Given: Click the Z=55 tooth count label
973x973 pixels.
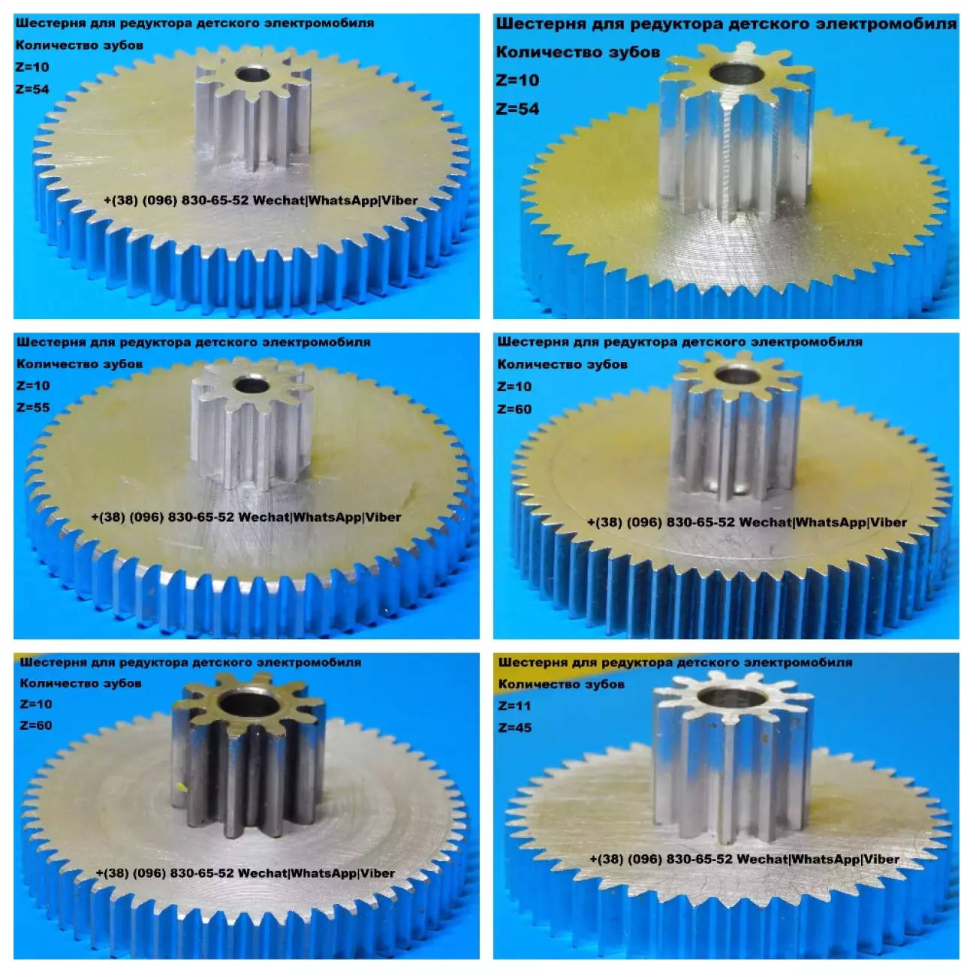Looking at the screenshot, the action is pyautogui.click(x=33, y=407).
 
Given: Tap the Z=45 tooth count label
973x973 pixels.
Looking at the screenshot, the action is pyautogui.click(x=515, y=727).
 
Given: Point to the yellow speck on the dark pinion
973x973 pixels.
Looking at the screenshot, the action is pyautogui.click(x=180, y=786).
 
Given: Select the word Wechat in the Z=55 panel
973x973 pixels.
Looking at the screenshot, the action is pyautogui.click(x=264, y=517).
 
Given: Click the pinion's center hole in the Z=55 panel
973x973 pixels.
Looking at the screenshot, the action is pyautogui.click(x=251, y=386).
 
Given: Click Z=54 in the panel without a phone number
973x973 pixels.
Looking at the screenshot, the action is pyautogui.click(x=517, y=109).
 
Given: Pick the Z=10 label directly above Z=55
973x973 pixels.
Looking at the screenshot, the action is pyautogui.click(x=33, y=386).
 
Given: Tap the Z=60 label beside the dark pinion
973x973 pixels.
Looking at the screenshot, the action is pyautogui.click(x=36, y=725).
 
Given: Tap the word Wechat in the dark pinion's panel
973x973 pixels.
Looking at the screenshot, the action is pyautogui.click(x=262, y=873).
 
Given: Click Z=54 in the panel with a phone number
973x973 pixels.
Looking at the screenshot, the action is pyautogui.click(x=32, y=89).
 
